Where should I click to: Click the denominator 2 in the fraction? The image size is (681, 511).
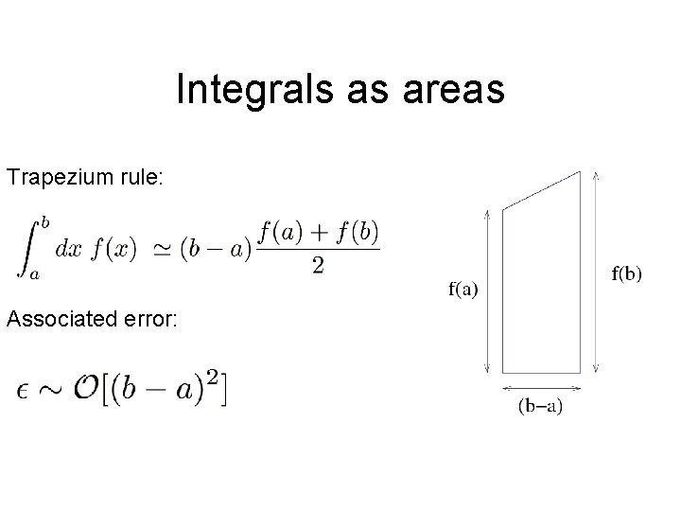(318, 266)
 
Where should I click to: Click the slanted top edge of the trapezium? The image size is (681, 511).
(542, 190)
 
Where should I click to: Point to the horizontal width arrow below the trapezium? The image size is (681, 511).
(542, 387)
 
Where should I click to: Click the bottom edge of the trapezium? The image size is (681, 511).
(542, 372)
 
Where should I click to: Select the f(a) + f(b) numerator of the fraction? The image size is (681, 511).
(318, 231)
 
